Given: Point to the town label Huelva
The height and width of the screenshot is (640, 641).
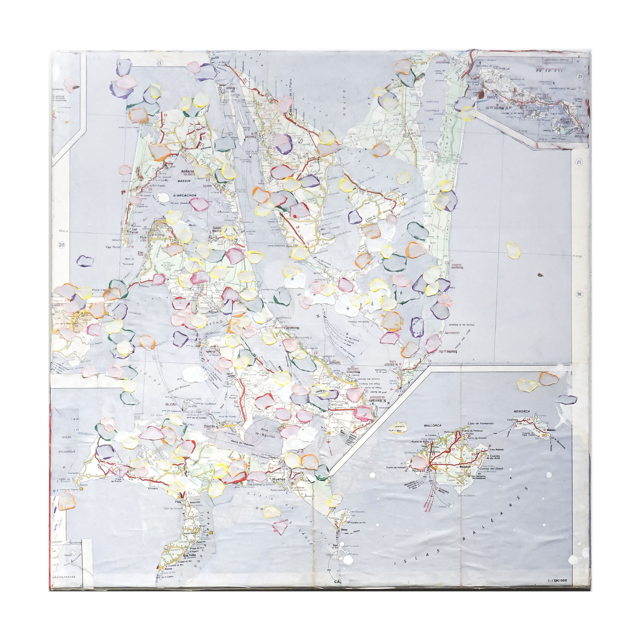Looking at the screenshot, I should (277, 479).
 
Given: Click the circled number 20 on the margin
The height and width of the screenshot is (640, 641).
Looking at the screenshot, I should (61, 245).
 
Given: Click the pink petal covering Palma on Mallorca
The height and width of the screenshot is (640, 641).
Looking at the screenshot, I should (419, 463).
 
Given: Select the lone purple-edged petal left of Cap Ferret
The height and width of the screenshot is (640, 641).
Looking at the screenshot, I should (85, 261).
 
